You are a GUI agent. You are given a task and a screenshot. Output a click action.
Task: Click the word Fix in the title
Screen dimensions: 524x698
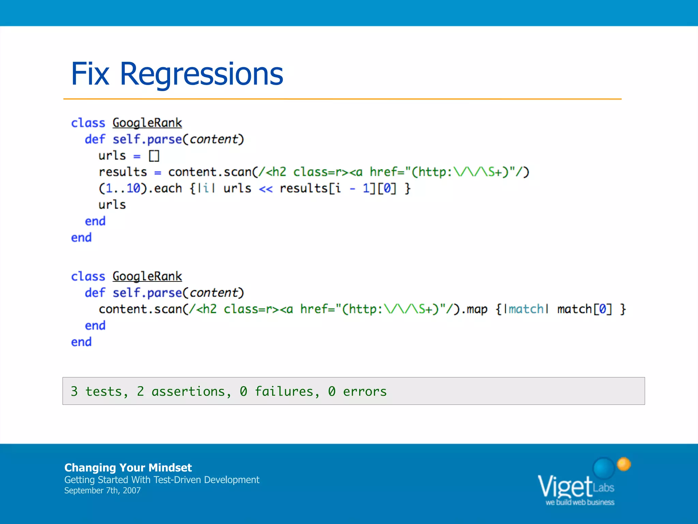(x=90, y=74)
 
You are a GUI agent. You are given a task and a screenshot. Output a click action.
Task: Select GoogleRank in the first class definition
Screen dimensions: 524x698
(x=147, y=123)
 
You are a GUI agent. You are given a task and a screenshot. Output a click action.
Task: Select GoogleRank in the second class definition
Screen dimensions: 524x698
(x=147, y=276)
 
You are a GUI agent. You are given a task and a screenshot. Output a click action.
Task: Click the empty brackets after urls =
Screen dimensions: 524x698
(x=154, y=156)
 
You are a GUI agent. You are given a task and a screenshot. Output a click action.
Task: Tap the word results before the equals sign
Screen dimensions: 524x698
(x=123, y=172)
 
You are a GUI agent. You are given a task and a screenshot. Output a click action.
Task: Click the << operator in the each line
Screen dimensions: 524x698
(x=265, y=189)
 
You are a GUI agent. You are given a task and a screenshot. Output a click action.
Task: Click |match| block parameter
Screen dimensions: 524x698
(x=526, y=309)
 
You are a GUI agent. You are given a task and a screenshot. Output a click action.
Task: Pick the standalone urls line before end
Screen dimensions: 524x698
(x=112, y=205)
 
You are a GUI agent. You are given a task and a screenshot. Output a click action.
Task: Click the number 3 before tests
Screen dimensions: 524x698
(x=74, y=391)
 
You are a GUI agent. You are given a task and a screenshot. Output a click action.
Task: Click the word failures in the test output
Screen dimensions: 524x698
(x=284, y=391)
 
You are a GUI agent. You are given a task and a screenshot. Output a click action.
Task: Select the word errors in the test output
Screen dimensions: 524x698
(x=365, y=391)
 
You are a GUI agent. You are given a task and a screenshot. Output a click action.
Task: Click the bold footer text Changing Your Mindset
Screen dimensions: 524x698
(x=128, y=467)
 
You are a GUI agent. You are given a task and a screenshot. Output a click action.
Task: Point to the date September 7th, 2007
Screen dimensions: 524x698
(x=102, y=491)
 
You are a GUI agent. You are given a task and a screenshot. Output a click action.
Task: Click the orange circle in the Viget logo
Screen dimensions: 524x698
(x=624, y=464)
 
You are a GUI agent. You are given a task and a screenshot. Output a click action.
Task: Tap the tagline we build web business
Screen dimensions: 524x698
(x=580, y=502)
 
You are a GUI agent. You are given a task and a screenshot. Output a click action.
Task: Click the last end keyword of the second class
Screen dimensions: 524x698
(x=81, y=342)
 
